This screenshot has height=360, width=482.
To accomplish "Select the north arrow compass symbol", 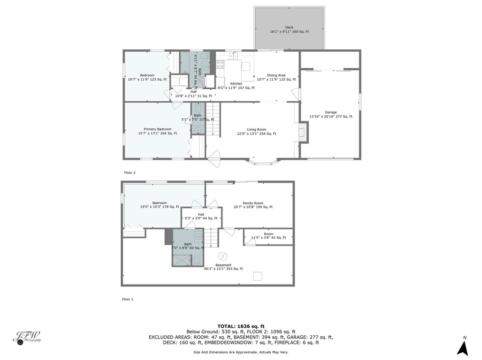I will pyautogui.click(x=463, y=346).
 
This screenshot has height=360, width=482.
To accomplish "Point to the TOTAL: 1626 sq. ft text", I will pyautogui.click(x=241, y=326).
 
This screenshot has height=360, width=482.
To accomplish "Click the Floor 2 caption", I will pyautogui.click(x=129, y=173).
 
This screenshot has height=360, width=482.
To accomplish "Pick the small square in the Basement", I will pyautogui.click(x=258, y=276).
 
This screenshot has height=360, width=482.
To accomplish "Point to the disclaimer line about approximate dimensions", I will pyautogui.click(x=241, y=352).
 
